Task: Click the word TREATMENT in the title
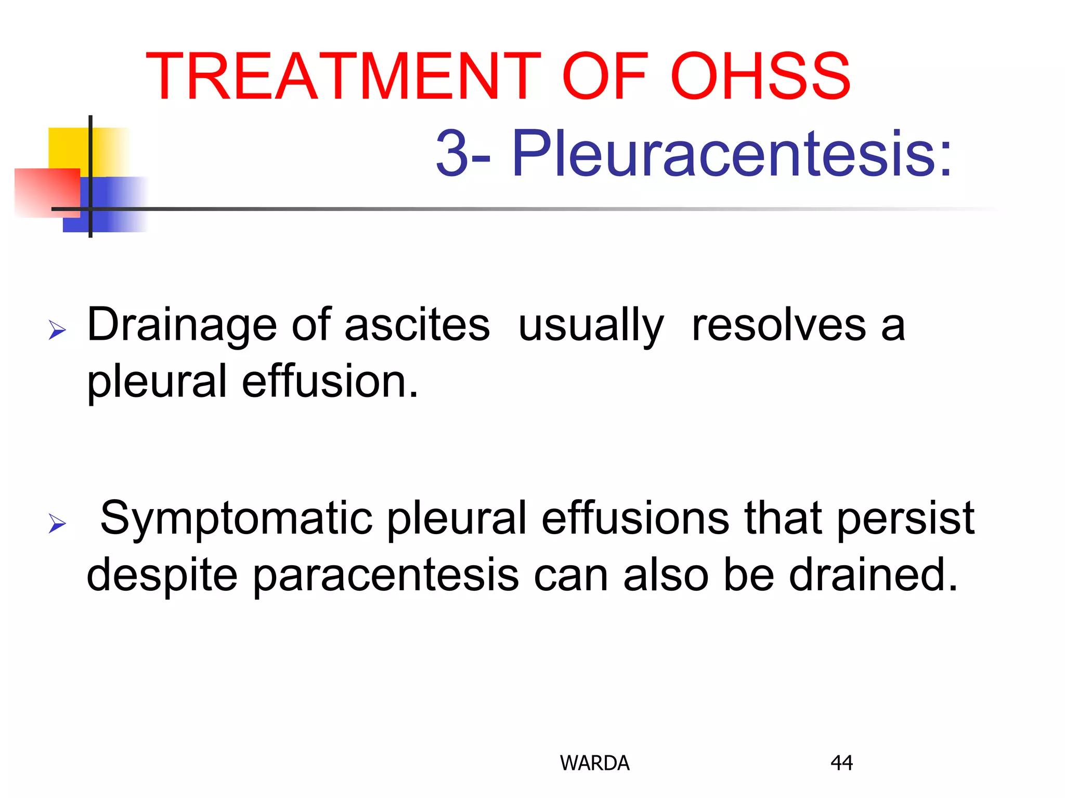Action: pyautogui.click(x=344, y=76)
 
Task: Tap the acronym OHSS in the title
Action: pyautogui.click(x=760, y=76)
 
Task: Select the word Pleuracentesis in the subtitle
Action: pyautogui.click(x=732, y=154)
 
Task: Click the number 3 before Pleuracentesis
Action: pyautogui.click(x=451, y=154)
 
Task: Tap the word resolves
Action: pyautogui.click(x=779, y=325)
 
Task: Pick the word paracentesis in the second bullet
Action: pyautogui.click(x=386, y=576)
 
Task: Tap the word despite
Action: pyautogui.click(x=162, y=576)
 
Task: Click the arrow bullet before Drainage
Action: pyautogui.click(x=57, y=330)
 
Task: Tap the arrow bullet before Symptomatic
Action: pyautogui.click(x=57, y=523)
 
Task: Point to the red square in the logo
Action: pyautogui.click(x=44, y=192)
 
